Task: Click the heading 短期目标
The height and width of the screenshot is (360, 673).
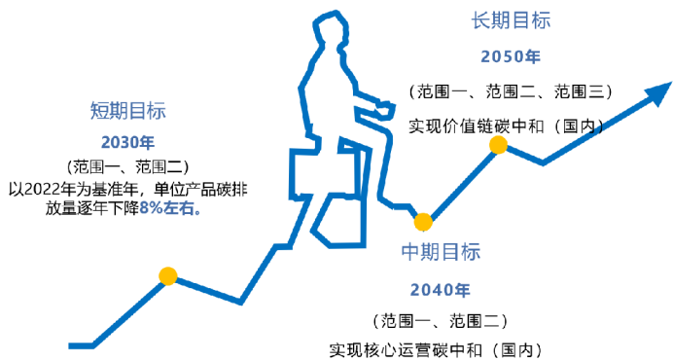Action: (128, 111)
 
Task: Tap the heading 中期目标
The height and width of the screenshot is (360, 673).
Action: (441, 252)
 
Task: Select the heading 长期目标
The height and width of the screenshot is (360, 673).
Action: (511, 20)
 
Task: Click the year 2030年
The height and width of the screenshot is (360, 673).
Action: (128, 143)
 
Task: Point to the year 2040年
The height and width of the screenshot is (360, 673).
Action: (441, 290)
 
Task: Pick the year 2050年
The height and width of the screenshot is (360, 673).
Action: (511, 56)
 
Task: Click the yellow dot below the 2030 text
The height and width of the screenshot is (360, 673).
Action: (168, 276)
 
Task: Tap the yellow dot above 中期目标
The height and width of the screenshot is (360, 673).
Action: (423, 222)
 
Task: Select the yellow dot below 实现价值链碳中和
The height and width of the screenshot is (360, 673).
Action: (498, 145)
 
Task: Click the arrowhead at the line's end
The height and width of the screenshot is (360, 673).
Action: (660, 92)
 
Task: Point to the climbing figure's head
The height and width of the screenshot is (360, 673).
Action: (331, 28)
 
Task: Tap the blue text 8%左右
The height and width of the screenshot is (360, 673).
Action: (170, 209)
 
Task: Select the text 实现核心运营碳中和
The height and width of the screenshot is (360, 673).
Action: (406, 350)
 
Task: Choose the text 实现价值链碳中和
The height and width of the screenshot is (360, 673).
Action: (477, 126)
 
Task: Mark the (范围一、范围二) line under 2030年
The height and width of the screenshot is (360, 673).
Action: (128, 166)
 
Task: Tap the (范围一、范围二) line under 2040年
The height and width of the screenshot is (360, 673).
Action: (441, 321)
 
